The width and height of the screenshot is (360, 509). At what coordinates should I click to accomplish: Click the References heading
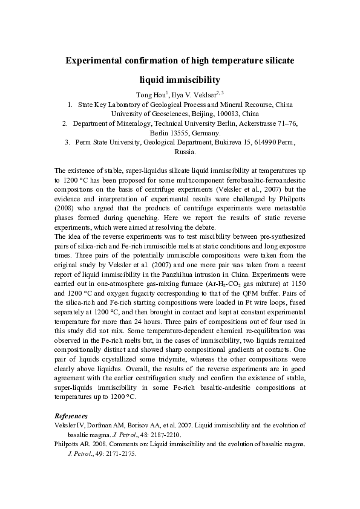(71, 416)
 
